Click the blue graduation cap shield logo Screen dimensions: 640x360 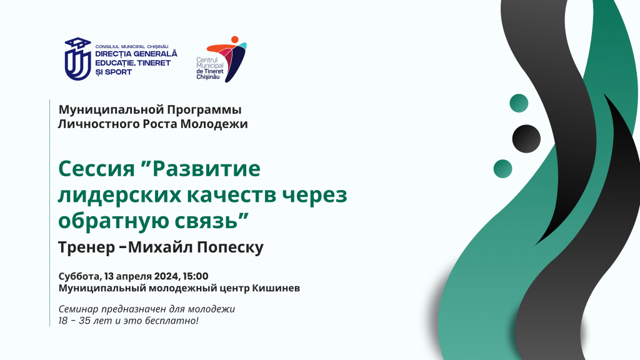(77, 59)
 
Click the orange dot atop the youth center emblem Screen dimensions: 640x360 (235, 39)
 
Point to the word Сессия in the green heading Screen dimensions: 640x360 (96, 168)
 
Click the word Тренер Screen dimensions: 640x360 (86, 247)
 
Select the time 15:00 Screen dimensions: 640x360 (196, 276)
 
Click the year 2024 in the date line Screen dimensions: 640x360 (166, 276)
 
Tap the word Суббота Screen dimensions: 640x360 (80, 276)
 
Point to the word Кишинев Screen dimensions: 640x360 (276, 288)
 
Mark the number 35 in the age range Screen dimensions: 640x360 (85, 321)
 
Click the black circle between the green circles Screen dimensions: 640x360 (526, 139)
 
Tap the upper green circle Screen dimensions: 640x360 (519, 103)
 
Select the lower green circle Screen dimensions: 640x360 (503, 169)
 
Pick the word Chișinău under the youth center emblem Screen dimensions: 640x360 (207, 77)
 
